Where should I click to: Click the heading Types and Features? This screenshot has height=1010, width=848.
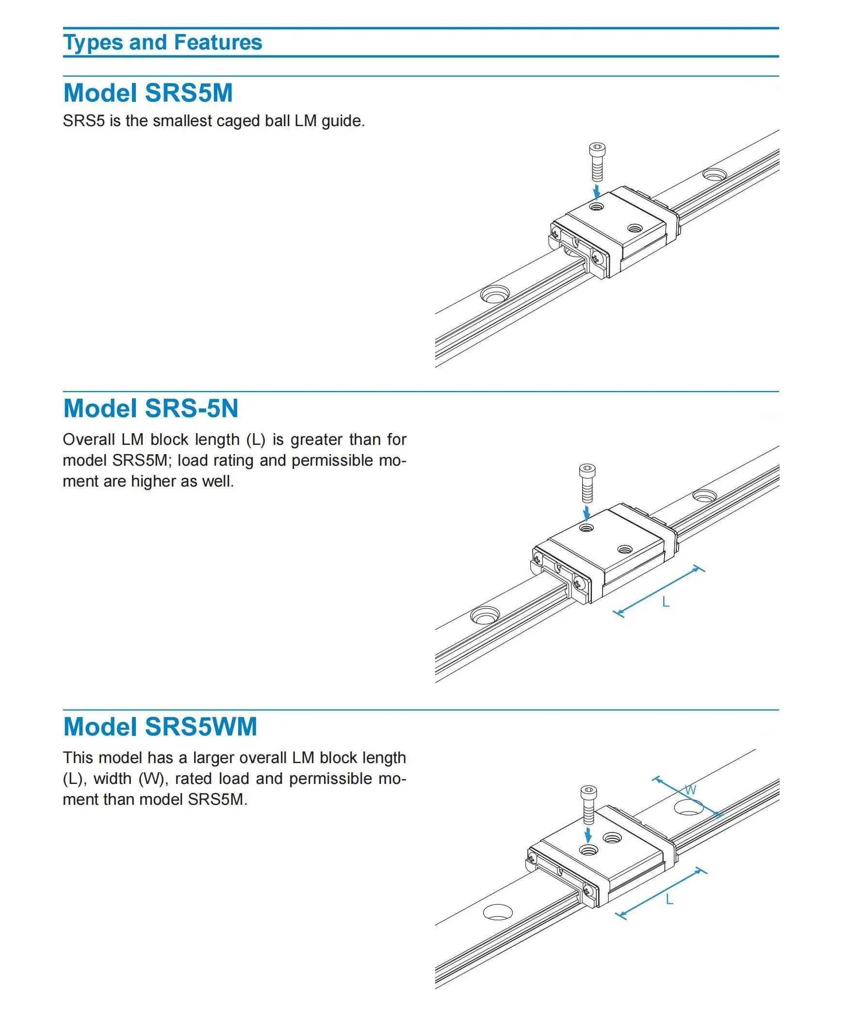pos(163,43)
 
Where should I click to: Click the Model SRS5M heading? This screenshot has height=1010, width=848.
pos(148,93)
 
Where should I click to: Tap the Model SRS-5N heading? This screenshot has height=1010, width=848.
pos(150,408)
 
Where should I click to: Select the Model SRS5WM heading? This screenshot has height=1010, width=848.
pos(160,727)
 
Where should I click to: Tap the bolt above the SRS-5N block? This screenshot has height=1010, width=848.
pos(587,483)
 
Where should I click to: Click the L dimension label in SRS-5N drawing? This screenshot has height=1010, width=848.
pos(666,603)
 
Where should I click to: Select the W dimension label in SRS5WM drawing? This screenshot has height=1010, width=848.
pos(690,790)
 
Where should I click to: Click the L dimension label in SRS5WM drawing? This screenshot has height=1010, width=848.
pos(669,900)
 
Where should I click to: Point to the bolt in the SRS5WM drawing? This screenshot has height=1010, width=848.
pos(588,804)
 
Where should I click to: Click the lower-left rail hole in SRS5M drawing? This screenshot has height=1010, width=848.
pos(495,294)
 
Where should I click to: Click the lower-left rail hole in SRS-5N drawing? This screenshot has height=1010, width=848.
pos(485,616)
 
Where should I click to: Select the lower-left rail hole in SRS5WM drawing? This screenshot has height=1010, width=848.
pos(498,912)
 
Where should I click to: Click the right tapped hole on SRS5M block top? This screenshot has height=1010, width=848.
pos(635,228)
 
